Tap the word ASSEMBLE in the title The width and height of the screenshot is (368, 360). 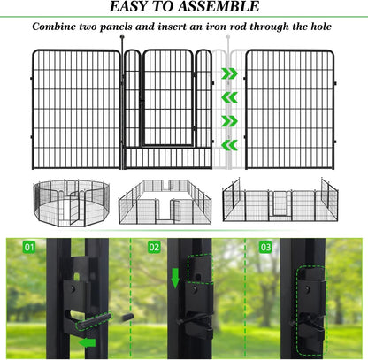point(221,9)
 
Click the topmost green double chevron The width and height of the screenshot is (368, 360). point(229,73)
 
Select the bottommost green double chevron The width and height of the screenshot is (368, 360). point(229,144)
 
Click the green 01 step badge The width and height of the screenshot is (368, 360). point(30,249)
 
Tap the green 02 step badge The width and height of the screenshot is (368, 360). point(155,249)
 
